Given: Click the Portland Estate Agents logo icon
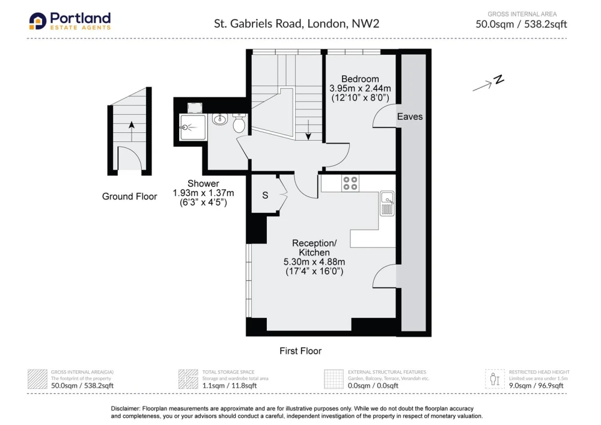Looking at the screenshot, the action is click(x=37, y=21).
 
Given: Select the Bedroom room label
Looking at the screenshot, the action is click(x=360, y=79).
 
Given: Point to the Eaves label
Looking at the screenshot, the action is click(x=410, y=117).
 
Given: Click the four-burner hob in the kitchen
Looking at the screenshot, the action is click(x=350, y=183).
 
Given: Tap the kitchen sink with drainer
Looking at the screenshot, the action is click(x=387, y=204).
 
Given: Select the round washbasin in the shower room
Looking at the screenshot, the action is click(x=220, y=119).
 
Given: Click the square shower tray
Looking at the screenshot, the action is click(x=193, y=127).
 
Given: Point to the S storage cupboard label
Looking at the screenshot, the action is click(x=265, y=195).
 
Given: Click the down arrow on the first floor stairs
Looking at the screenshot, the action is click(x=308, y=129).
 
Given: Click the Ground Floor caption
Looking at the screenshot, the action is click(x=130, y=197).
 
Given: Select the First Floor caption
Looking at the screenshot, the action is click(x=300, y=351).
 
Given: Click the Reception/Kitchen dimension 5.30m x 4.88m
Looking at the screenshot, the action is click(x=314, y=262).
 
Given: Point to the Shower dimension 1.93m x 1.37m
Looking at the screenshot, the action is click(x=203, y=193).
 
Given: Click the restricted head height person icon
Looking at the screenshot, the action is click(x=495, y=379).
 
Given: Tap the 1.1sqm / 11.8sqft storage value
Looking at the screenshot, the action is click(x=230, y=385).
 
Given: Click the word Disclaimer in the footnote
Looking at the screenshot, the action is click(x=126, y=409).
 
